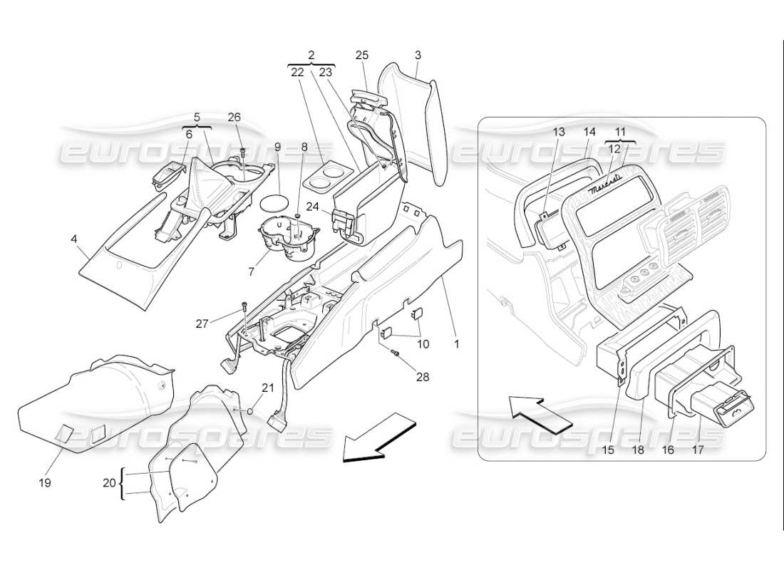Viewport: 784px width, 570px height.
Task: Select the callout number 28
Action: click(x=423, y=377)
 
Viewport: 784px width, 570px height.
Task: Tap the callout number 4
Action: click(x=74, y=239)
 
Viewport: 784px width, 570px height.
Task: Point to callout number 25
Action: click(x=361, y=55)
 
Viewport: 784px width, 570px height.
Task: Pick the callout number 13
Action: click(x=558, y=132)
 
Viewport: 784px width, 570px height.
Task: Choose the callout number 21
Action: click(x=267, y=388)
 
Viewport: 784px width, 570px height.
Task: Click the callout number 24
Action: click(x=314, y=207)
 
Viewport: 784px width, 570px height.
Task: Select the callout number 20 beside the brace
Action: click(x=108, y=482)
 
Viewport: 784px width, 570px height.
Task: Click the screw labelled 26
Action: click(x=243, y=152)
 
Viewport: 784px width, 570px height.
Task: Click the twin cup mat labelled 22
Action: click(x=325, y=175)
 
